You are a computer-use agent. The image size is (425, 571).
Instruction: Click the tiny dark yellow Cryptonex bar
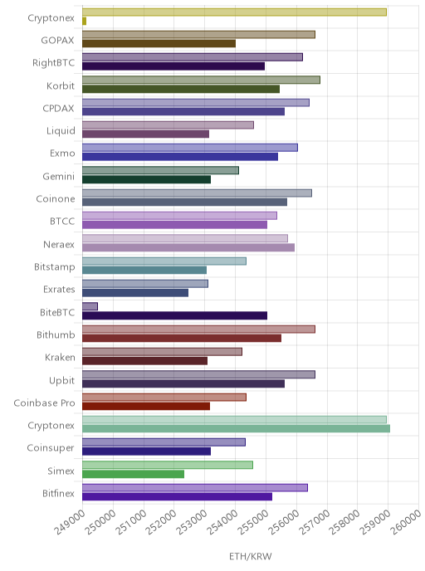[x=84, y=21]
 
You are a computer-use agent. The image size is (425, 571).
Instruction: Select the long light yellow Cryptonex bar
[x=234, y=12]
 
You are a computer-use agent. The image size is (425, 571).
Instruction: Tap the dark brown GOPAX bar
[x=159, y=44]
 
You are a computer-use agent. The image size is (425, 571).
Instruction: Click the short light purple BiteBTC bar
[x=90, y=306]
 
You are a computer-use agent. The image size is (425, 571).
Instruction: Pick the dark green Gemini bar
[x=146, y=179]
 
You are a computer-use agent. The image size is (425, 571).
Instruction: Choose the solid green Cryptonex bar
[x=236, y=428]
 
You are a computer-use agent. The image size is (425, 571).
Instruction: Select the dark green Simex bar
[x=133, y=474]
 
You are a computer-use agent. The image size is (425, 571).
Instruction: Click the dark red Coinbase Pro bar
[x=146, y=406]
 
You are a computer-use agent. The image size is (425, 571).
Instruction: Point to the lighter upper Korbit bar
[x=201, y=80]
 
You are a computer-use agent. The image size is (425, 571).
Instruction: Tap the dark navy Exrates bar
[x=135, y=293]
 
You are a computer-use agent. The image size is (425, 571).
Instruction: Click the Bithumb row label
[x=56, y=334]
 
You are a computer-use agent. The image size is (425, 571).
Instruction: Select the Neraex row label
[x=59, y=244]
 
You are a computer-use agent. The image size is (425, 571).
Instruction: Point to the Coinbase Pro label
[x=44, y=403]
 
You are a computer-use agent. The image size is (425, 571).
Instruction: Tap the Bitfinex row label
[x=58, y=493]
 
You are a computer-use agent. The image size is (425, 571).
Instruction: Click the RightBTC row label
[x=53, y=62]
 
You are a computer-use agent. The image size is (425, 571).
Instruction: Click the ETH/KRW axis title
[x=251, y=556]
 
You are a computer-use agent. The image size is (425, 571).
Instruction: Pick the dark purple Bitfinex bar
[x=177, y=496]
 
